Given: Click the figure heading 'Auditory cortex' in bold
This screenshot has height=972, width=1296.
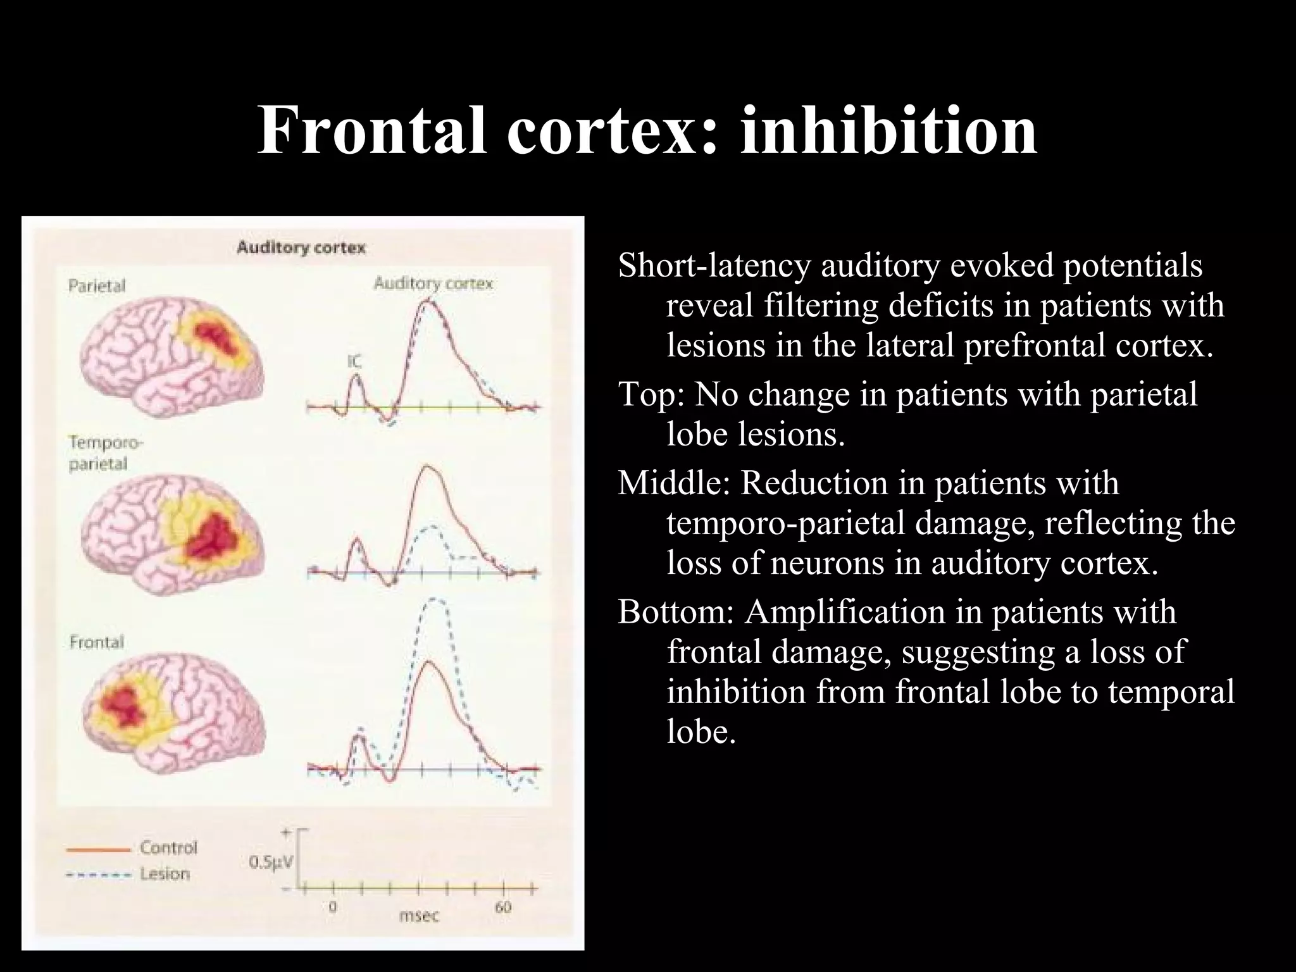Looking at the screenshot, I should coord(301,247).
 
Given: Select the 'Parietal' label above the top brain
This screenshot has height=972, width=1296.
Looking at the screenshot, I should coord(97,286).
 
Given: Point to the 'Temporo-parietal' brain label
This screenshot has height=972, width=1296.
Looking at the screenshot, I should coord(98,454).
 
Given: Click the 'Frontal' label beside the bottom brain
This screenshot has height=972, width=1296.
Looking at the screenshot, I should coord(97,642).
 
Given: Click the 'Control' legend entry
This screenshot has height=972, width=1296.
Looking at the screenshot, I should coord(168,847).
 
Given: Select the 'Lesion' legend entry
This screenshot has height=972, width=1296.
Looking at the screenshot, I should coord(165,874).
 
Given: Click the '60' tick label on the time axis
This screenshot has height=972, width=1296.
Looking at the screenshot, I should coord(503,907).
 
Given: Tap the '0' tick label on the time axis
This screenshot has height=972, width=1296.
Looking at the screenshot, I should coord(332,907).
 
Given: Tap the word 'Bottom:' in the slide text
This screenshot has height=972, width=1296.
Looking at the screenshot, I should coord(675,613).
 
